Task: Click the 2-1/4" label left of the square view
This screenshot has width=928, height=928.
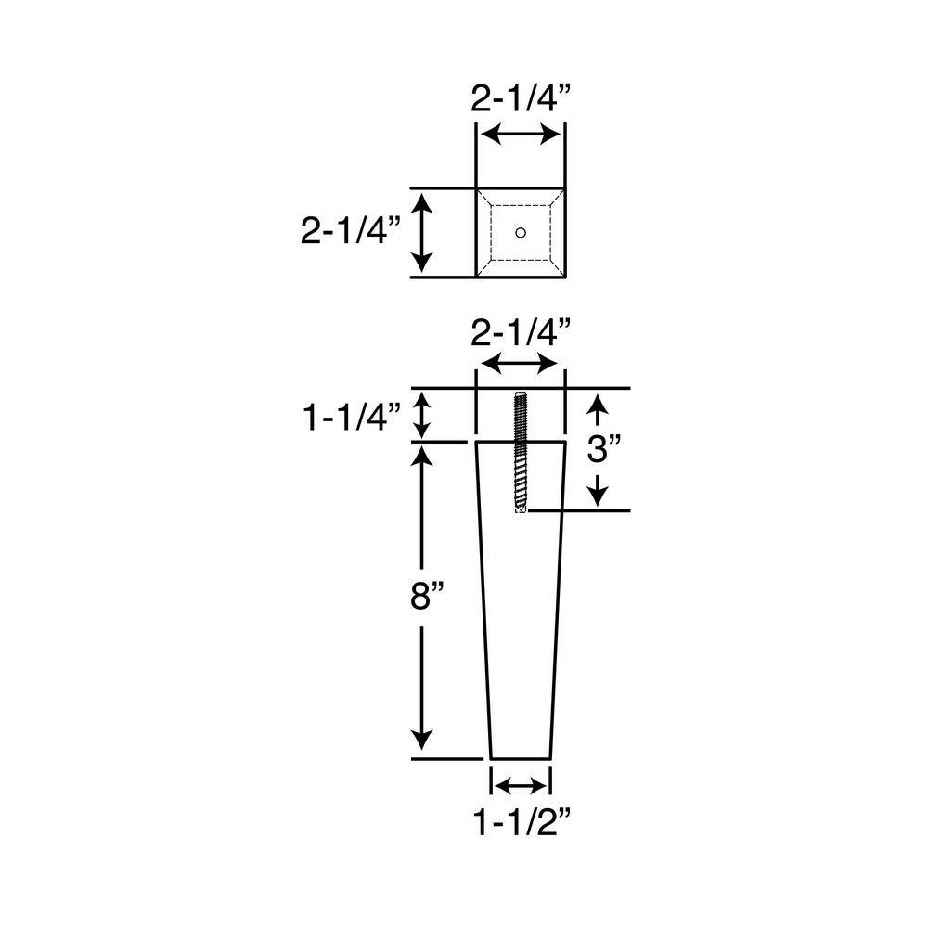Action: pyautogui.click(x=350, y=229)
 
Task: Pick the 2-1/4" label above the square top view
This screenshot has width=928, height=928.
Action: pyautogui.click(x=520, y=99)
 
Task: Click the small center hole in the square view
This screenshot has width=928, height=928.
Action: pyautogui.click(x=521, y=231)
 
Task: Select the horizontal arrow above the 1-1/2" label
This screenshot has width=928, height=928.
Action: pyautogui.click(x=521, y=786)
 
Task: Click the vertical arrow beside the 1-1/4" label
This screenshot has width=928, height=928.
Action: pyautogui.click(x=422, y=415)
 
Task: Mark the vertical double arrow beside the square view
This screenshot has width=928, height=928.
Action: pyautogui.click(x=422, y=231)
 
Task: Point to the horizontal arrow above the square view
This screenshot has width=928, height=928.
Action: pyautogui.click(x=521, y=135)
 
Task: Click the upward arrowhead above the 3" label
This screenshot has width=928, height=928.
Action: pyautogui.click(x=599, y=405)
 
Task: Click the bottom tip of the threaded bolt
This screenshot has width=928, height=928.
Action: pyautogui.click(x=521, y=512)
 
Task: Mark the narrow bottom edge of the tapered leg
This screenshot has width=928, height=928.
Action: pyautogui.click(x=521, y=758)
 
